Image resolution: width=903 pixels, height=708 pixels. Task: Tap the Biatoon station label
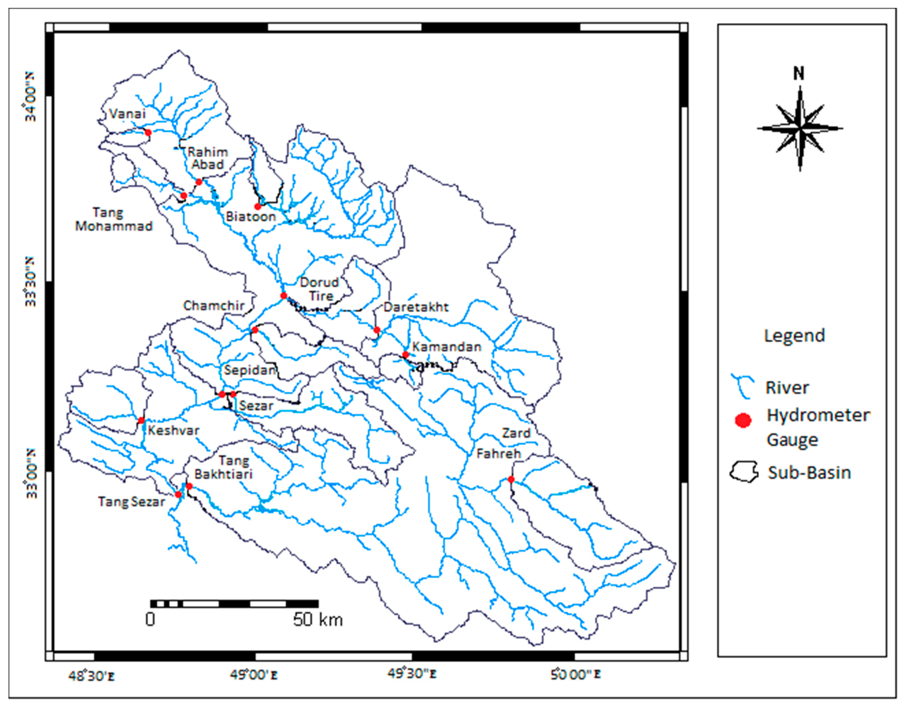(x=251, y=217)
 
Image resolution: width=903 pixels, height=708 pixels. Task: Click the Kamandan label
(x=447, y=346)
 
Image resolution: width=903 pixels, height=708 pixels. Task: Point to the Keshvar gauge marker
(x=141, y=420)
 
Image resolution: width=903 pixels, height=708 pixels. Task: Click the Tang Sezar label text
(x=131, y=502)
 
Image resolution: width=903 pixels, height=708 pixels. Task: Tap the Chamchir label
(x=214, y=306)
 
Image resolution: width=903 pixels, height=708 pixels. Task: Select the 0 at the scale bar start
(x=150, y=619)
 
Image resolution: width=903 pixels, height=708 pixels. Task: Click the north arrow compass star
(x=799, y=128)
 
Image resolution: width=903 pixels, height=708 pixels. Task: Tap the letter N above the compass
(x=799, y=74)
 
